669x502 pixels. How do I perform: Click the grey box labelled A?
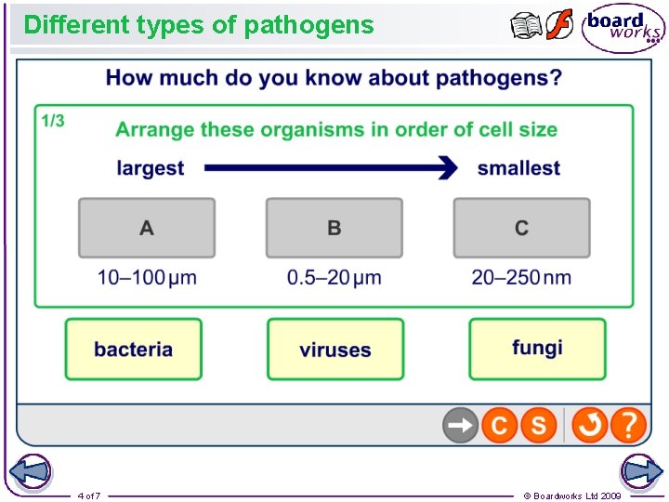(x=147, y=228)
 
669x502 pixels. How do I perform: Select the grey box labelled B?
(x=334, y=228)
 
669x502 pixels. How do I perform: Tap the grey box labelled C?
(x=521, y=228)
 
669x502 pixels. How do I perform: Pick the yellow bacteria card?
(x=133, y=350)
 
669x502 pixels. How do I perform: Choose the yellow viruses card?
(x=335, y=350)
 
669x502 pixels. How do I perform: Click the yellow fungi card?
(x=537, y=349)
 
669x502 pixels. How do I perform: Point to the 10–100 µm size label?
(x=147, y=277)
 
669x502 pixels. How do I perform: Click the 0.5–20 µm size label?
(x=334, y=277)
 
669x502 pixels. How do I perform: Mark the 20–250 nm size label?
(x=521, y=277)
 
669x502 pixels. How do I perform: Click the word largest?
(x=151, y=168)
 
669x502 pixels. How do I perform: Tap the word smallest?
(x=518, y=168)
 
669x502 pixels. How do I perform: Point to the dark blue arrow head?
(x=449, y=168)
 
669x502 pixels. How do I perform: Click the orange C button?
(x=499, y=426)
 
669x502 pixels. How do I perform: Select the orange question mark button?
(x=629, y=426)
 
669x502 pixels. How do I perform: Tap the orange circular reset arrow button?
(x=589, y=426)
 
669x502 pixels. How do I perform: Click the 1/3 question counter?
(x=53, y=121)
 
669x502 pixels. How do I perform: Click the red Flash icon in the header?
(x=559, y=25)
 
